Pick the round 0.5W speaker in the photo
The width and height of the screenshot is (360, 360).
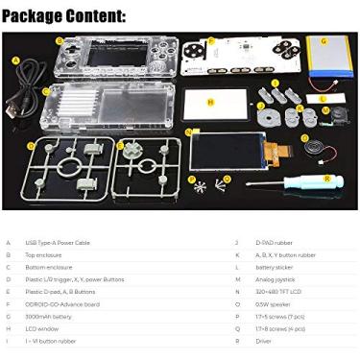click(313, 146)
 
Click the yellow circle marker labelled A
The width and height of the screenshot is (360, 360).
click(15, 60)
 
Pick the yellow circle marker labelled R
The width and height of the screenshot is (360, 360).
click(327, 179)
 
